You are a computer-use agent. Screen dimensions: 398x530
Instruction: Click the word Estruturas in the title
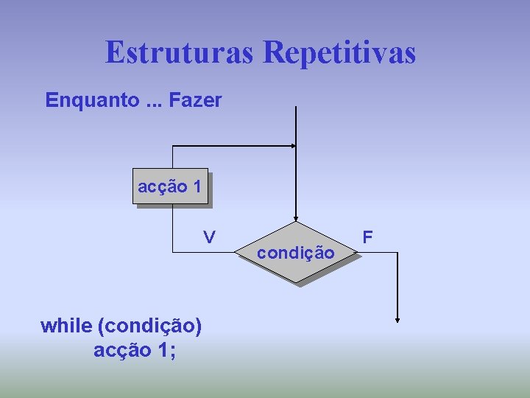tap(180, 53)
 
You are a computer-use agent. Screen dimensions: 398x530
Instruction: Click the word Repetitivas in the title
tap(339, 53)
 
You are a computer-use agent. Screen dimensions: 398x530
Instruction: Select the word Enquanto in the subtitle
tap(89, 100)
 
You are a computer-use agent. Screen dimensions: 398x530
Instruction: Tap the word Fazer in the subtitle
tap(195, 100)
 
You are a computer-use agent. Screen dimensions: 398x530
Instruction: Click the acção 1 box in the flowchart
tap(170, 187)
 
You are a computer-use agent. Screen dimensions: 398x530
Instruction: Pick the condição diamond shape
tap(296, 253)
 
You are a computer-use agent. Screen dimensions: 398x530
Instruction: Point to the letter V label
tap(210, 237)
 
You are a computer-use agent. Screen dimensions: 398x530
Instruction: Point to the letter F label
tap(368, 237)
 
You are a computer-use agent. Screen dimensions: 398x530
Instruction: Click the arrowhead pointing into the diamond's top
tap(295, 219)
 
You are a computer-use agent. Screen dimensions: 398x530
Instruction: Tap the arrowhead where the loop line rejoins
tap(292, 146)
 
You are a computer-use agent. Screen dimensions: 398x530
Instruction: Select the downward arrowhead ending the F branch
tap(397, 320)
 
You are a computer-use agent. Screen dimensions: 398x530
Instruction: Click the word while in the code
tap(66, 326)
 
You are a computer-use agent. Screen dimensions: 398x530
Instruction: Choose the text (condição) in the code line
tap(150, 326)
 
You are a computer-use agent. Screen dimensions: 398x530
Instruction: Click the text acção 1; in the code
tap(135, 351)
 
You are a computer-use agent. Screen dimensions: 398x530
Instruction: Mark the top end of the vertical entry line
tap(295, 107)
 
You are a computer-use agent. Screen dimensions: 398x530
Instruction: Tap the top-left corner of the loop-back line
tap(172, 146)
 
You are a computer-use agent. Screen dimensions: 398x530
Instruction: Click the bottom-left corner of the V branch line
tap(172, 253)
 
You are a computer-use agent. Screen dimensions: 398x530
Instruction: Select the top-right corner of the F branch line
tap(397, 253)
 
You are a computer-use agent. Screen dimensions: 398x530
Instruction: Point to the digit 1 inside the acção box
tap(197, 187)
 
